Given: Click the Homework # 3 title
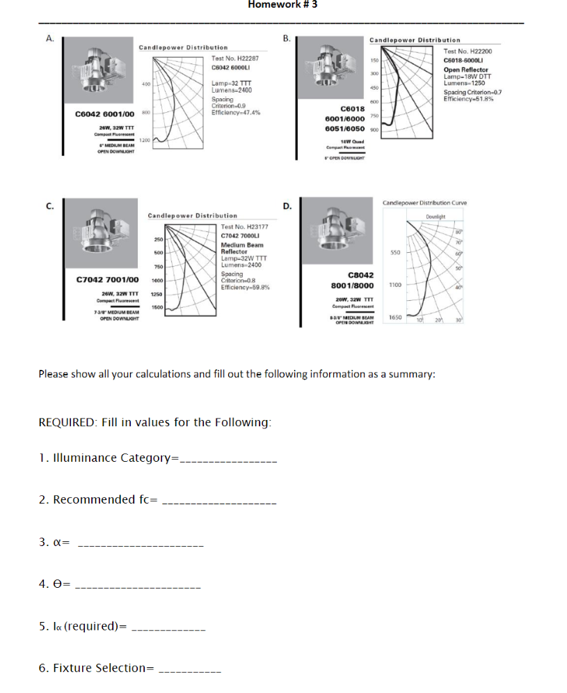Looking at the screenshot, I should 283,5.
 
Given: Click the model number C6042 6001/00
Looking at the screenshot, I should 104,114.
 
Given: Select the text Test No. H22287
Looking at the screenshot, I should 234,59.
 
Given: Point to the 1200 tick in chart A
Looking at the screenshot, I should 145,140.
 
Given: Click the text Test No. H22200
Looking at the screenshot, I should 468,52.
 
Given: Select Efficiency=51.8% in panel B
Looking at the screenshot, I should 468,99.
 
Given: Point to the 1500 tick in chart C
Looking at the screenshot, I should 157,307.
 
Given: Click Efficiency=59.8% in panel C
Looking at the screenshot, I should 245,287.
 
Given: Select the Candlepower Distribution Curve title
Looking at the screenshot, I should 424,203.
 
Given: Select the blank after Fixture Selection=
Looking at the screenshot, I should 190,668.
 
